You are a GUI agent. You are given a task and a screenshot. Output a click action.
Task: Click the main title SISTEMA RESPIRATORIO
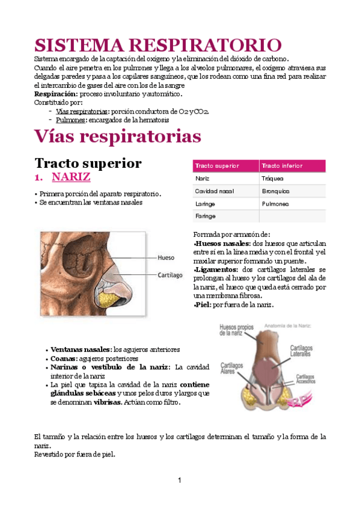157,45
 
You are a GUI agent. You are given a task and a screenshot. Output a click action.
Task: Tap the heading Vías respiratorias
117,137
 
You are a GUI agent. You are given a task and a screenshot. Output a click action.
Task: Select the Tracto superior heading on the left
88,163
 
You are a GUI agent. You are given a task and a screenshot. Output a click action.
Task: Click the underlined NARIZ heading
71,177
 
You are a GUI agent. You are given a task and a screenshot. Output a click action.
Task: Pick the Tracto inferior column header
282,166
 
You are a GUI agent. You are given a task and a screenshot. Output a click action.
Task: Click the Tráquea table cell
273,179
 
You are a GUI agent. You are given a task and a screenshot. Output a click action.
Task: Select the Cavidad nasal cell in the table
214,191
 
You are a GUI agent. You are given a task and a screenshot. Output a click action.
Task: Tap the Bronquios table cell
275,191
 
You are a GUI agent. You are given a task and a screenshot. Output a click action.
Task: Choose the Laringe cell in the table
206,203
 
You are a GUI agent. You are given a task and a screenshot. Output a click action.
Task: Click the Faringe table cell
206,216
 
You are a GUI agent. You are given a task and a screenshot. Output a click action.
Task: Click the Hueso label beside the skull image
166,257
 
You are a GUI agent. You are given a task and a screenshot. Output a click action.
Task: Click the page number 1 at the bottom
179,480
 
